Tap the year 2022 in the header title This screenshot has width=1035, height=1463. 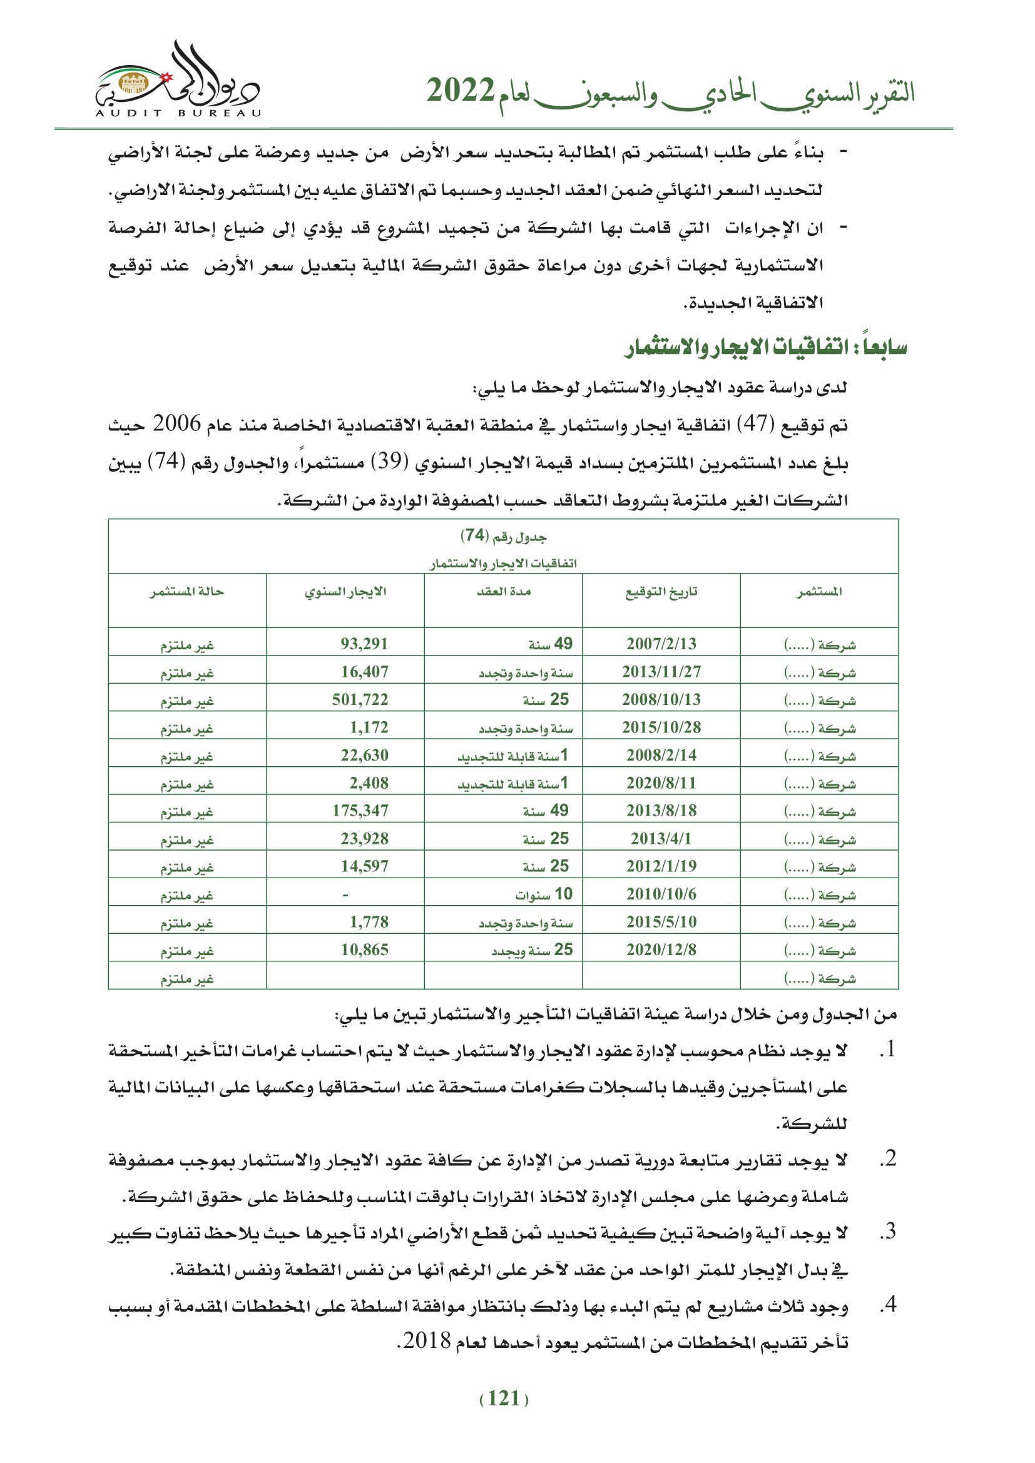pos(460,91)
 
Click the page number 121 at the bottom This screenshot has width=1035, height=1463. pos(504,1398)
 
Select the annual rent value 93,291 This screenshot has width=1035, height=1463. pos(364,644)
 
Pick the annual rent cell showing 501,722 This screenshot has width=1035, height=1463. pos(359,699)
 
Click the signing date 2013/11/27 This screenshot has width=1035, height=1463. pos(661,672)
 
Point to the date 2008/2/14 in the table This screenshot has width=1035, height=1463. pos(661,755)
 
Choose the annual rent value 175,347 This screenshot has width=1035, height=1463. pos(359,811)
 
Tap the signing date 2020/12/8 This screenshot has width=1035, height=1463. pos(661,949)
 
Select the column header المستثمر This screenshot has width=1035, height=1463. pos(819,592)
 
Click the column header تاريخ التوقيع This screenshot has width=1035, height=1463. pos(661,592)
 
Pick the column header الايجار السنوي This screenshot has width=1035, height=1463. pos(345,592)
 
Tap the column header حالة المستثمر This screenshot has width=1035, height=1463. pos(186,592)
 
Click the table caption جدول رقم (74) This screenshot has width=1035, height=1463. pos(504,536)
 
